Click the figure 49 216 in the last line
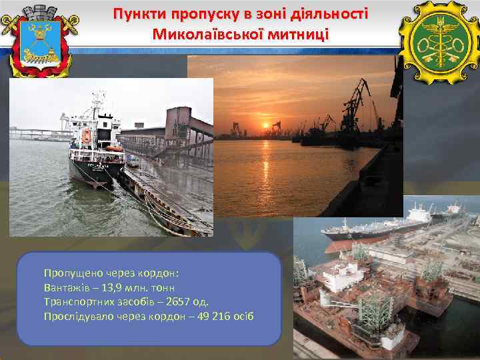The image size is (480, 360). point(201,315)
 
